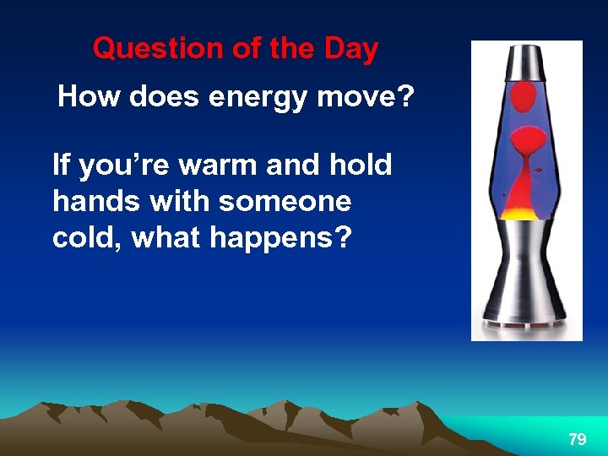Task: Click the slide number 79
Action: pos(578,439)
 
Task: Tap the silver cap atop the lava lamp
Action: pos(526,60)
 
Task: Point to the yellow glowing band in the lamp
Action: pos(526,212)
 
